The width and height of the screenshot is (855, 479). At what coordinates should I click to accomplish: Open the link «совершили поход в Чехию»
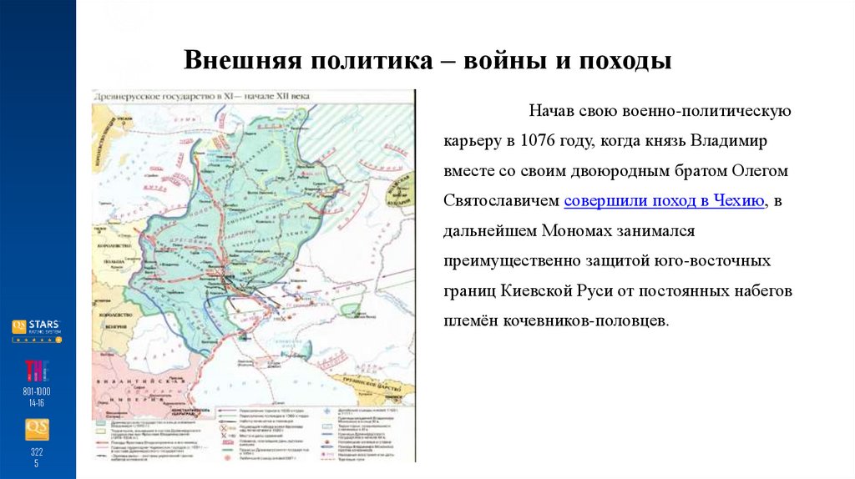click(665, 200)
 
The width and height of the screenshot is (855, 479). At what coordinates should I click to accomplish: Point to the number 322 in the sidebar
click(37, 451)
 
